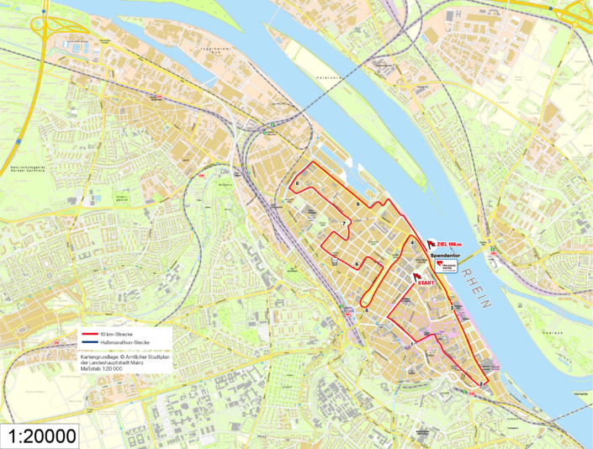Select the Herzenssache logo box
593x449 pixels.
point(447,266)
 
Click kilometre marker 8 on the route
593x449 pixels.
point(298,185)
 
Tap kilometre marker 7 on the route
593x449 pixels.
point(344,224)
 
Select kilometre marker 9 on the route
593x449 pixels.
point(358,205)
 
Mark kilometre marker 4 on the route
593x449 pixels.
point(412,244)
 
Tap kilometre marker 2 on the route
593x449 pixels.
point(479,384)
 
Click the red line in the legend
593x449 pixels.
point(90,334)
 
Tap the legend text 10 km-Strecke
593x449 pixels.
point(117,334)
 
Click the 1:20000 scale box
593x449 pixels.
point(41,436)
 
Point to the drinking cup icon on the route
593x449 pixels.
point(336,262)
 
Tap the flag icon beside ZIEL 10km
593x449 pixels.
point(432,243)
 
